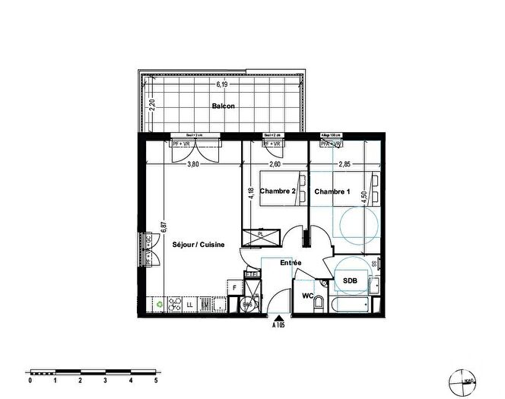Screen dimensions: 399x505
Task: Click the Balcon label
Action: [223, 106]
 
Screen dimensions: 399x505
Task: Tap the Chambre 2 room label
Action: [277, 192]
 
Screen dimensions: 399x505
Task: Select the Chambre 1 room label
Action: [332, 192]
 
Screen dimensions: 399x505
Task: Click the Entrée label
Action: [291, 263]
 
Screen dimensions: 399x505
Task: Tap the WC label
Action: [308, 295]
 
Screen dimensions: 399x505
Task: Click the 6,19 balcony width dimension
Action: [222, 84]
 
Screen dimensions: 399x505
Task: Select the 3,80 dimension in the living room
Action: [193, 164]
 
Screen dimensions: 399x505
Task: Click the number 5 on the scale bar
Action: [156, 381]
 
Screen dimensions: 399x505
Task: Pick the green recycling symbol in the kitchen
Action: [159, 305]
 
